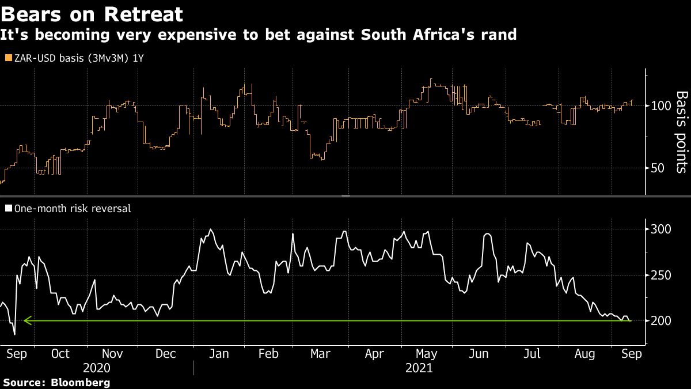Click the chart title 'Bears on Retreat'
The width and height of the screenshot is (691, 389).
(x=93, y=14)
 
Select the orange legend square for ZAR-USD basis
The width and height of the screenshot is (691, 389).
(x=7, y=58)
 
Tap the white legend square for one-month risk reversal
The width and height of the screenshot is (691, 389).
(x=7, y=209)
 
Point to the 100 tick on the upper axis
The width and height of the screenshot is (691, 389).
(x=657, y=106)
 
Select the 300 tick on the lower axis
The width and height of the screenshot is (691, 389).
(x=657, y=229)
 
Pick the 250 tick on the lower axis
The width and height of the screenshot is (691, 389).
(x=657, y=275)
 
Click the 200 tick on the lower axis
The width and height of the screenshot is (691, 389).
(x=657, y=320)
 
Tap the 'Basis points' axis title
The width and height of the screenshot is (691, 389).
(x=681, y=132)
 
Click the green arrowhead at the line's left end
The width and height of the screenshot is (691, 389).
(x=26, y=320)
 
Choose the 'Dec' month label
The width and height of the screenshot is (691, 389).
(x=166, y=354)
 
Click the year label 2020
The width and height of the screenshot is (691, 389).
(x=97, y=367)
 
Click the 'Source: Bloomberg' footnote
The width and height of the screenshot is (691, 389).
(x=56, y=382)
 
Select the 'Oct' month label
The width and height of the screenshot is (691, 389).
(x=60, y=354)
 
